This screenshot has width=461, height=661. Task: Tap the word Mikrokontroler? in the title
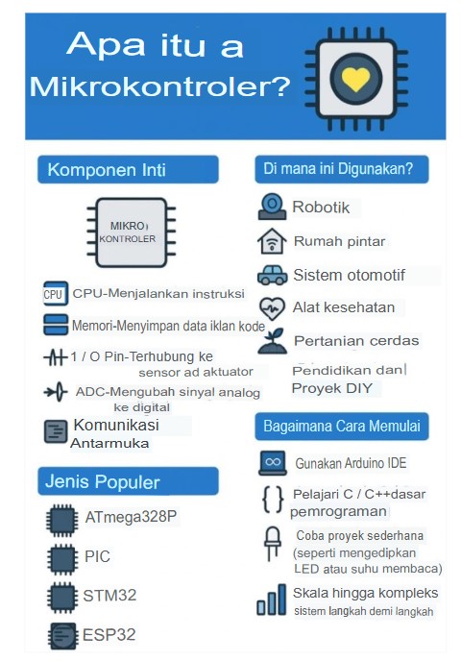coord(159,87)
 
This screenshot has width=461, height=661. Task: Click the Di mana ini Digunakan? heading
coord(340,170)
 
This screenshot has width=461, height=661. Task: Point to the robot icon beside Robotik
coord(273,207)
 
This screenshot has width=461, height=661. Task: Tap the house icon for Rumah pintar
coord(273,240)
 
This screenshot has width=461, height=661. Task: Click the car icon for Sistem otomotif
coord(273,275)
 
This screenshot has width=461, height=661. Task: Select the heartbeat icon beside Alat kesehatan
coord(273,307)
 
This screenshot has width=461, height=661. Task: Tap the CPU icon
coord(54,293)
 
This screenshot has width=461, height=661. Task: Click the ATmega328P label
coord(130,518)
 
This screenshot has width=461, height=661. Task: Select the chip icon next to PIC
coord(62,557)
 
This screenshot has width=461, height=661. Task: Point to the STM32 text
coord(109,596)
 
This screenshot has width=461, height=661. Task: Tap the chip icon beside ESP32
coord(62,634)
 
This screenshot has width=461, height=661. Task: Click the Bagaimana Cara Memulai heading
coord(342,426)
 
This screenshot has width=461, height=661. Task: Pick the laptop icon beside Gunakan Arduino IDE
coord(273,463)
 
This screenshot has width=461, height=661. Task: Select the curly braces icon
coord(273,499)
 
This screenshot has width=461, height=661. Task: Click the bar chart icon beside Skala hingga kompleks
coord(271,601)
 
